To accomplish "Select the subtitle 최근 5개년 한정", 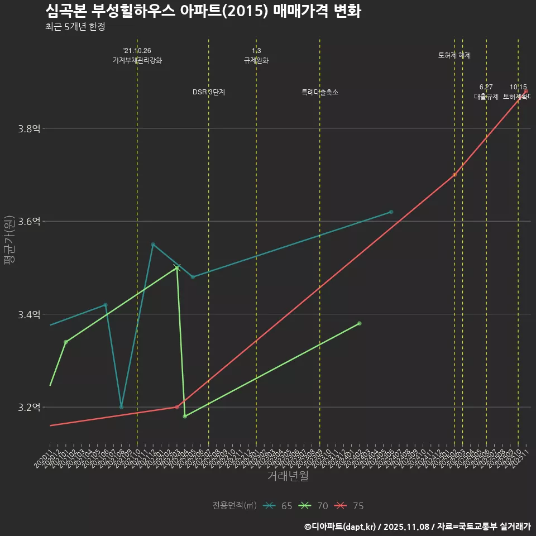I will pyautogui.click(x=75, y=27).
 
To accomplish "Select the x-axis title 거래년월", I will pyautogui.click(x=288, y=476).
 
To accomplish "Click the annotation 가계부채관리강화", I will pyautogui.click(x=137, y=60).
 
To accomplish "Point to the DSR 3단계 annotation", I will pyautogui.click(x=209, y=92).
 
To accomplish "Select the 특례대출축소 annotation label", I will pyautogui.click(x=320, y=92).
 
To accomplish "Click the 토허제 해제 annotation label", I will pyautogui.click(x=454, y=55).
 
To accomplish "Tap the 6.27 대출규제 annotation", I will pyautogui.click(x=486, y=92).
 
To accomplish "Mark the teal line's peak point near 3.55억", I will pyautogui.click(x=153, y=244).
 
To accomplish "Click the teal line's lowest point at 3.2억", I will pyautogui.click(x=121, y=407).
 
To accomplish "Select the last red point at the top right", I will pyautogui.click(x=526, y=91).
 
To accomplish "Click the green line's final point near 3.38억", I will pyautogui.click(x=360, y=323).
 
